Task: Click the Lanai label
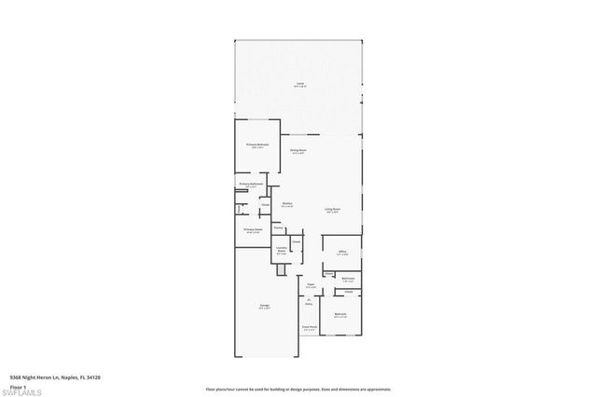[x=299, y=85]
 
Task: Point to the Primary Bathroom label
[x=249, y=185]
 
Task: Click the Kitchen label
[x=288, y=205]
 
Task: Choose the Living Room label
[x=332, y=211]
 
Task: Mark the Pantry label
[x=278, y=227]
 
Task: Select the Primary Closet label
[x=251, y=230]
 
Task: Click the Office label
[x=343, y=252]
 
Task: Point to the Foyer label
[x=311, y=286]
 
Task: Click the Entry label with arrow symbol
[x=309, y=301]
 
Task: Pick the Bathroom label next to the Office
[x=346, y=280]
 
